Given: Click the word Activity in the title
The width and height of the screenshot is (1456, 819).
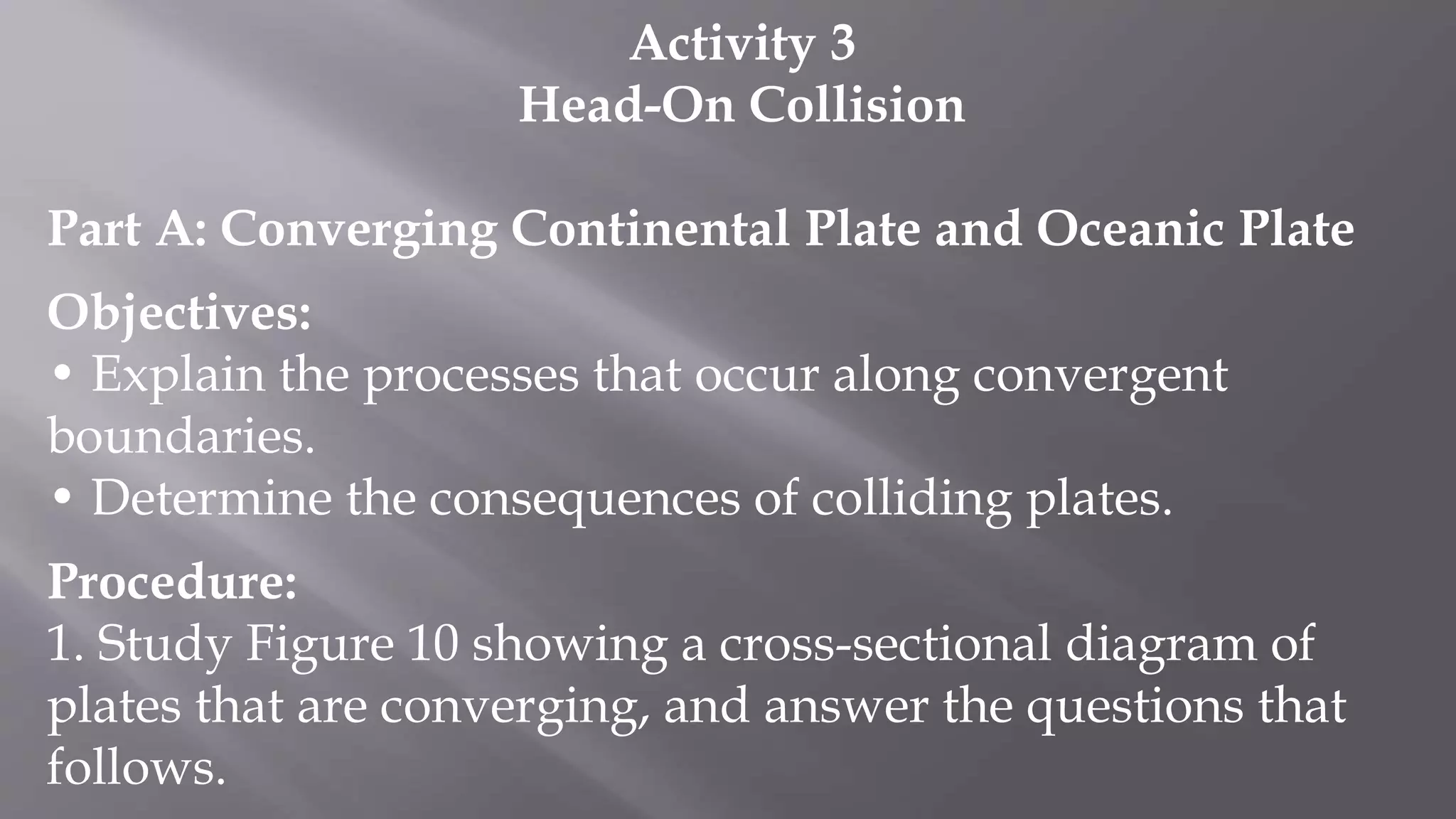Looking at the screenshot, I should (722, 44).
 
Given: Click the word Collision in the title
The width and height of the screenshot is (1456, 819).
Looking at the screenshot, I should (857, 105).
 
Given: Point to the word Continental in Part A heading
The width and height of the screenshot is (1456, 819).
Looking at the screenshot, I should (650, 229).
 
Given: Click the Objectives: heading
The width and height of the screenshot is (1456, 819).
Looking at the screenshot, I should (179, 313).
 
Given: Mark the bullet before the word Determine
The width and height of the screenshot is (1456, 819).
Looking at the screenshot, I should (63, 498).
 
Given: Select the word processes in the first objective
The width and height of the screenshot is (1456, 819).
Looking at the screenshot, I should (471, 375).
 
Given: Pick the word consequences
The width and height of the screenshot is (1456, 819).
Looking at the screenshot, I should (584, 498).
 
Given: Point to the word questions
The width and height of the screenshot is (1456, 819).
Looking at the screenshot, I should (1135, 705).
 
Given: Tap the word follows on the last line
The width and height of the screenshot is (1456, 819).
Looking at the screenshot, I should (136, 767).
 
